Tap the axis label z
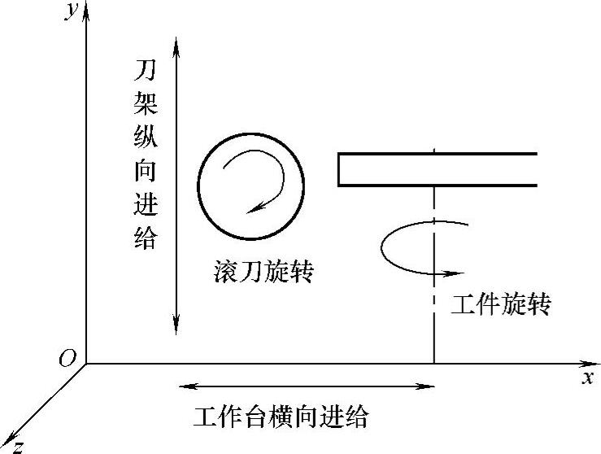[17, 446]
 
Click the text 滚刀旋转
[259, 271]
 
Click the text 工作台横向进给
[281, 417]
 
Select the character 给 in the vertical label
[146, 239]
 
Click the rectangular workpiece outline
[438, 169]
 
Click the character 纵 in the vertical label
[146, 138]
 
